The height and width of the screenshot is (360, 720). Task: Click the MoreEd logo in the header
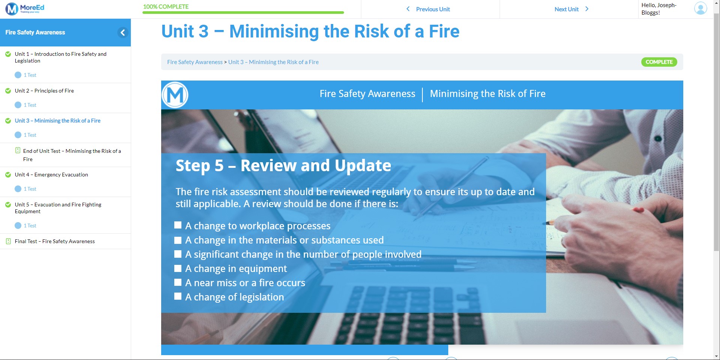(25, 9)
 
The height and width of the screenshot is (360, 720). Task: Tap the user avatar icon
(700, 8)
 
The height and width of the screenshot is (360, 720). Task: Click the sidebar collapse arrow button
(123, 33)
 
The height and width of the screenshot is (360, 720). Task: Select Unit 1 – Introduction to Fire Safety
(60, 57)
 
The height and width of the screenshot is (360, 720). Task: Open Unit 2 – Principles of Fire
(44, 91)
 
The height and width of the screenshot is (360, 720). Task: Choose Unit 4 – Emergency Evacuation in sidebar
(51, 175)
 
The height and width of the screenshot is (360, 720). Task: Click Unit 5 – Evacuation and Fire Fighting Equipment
(58, 208)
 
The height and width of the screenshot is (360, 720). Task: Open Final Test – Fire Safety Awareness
(55, 241)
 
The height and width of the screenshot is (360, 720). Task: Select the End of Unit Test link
(72, 155)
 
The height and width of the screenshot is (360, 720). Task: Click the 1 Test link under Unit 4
(30, 189)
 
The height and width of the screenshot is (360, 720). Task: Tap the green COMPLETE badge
(659, 62)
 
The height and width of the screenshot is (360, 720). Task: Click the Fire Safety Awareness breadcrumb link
(195, 62)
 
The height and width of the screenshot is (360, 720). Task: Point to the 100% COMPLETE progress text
(166, 7)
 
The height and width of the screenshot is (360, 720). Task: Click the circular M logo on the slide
(175, 95)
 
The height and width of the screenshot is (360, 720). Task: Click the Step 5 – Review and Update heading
(283, 166)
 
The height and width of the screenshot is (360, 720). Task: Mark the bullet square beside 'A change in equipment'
(178, 268)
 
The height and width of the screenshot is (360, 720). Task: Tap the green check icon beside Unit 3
(8, 121)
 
